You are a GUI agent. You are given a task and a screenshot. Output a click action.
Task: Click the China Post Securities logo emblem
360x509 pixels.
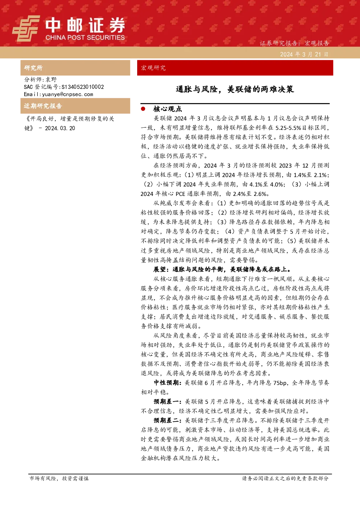click(x=26, y=28)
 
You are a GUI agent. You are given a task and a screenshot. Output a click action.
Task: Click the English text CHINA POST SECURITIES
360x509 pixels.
click(x=85, y=37)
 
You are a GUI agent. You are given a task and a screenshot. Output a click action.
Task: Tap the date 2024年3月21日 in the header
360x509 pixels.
click(x=304, y=54)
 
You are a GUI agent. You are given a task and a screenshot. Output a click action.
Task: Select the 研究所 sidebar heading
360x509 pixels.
click(x=33, y=68)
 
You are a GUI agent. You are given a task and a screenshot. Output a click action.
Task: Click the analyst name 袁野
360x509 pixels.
click(x=51, y=79)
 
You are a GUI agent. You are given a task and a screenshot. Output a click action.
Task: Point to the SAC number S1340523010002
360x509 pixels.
click(x=83, y=87)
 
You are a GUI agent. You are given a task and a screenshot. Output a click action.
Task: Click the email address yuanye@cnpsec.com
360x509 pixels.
click(x=67, y=94)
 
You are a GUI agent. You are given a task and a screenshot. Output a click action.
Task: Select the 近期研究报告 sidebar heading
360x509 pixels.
click(x=43, y=106)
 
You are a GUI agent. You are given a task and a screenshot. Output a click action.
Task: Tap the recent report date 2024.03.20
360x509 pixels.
click(x=60, y=128)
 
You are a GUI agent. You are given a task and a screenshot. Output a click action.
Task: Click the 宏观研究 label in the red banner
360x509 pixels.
click(x=153, y=68)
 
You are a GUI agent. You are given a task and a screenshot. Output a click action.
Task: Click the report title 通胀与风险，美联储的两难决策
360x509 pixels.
click(x=235, y=89)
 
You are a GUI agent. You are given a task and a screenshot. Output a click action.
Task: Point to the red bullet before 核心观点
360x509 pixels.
click(x=143, y=109)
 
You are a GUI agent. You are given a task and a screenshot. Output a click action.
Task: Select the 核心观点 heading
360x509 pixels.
click(x=168, y=109)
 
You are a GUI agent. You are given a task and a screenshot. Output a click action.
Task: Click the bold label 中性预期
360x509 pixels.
click(x=168, y=383)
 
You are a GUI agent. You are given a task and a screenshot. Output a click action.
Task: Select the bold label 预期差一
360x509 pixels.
click(x=168, y=402)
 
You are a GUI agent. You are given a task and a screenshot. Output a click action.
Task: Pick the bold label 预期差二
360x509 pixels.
click(x=168, y=420)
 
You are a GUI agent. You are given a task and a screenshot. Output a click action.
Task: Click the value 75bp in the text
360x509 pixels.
click(x=280, y=383)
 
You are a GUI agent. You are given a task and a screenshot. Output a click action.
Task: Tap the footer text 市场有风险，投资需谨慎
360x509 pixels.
click(x=59, y=478)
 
